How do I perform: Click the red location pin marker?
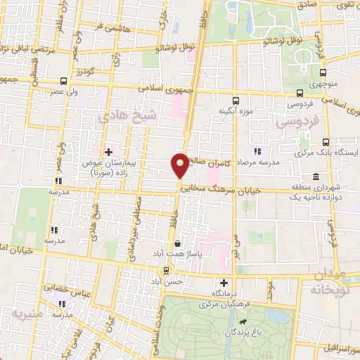[x=180, y=165]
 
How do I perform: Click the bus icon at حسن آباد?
[x=167, y=269]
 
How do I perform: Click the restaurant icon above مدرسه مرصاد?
[x=257, y=150]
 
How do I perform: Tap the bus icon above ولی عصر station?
[x=64, y=80]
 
